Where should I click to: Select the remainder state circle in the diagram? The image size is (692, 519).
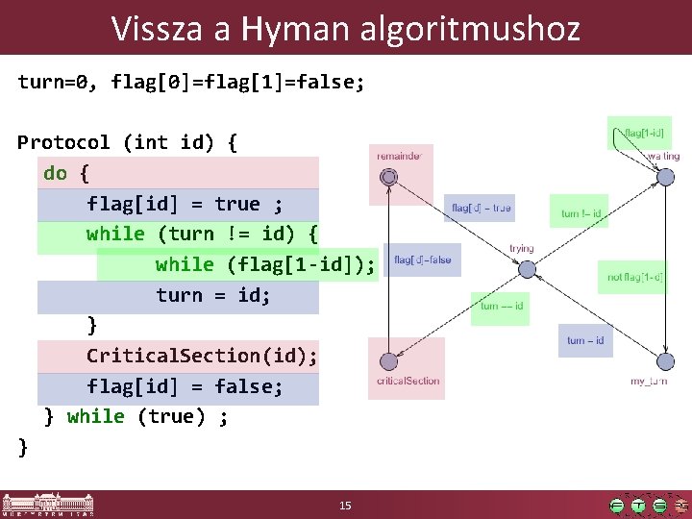[388, 177]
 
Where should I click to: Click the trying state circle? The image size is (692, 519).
[522, 269]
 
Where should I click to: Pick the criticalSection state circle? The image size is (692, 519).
[388, 361]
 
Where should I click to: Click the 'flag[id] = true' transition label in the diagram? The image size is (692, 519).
[482, 208]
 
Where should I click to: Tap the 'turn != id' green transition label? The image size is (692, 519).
[581, 213]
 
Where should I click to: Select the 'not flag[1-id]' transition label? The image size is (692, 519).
[633, 278]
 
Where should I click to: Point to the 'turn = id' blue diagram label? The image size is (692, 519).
[585, 340]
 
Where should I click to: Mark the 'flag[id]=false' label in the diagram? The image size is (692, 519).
[422, 259]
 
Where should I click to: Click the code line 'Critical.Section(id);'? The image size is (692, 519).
[201, 356]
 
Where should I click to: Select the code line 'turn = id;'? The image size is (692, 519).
[213, 295]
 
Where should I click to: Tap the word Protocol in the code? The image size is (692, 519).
[63, 142]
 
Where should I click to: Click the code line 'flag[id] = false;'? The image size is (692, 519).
[185, 386]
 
